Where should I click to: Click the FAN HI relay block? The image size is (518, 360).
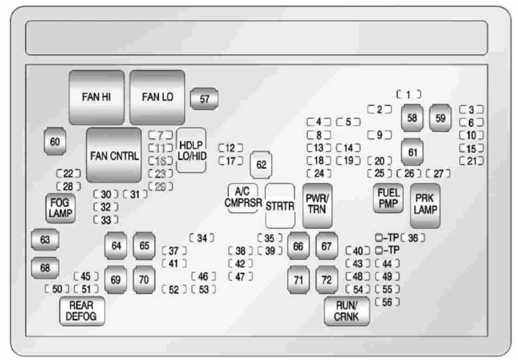click(96, 97)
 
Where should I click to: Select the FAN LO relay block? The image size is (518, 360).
click(157, 97)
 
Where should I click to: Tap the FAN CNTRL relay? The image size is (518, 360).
click(114, 155)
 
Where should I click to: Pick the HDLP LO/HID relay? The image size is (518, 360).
click(192, 150)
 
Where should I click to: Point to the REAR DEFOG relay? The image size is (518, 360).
click(81, 311)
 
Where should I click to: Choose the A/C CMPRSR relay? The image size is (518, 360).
click(243, 198)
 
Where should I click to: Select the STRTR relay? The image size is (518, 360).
click(280, 206)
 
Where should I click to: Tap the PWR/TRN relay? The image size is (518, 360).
click(317, 206)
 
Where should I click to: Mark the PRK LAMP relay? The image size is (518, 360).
click(425, 205)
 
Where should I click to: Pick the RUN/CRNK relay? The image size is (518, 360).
click(347, 311)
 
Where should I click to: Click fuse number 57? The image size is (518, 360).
click(204, 99)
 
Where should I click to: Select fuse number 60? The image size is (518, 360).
click(55, 142)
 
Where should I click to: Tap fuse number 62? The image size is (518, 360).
click(261, 165)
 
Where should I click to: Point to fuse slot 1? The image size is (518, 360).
click(409, 94)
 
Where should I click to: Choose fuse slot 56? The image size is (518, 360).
click(387, 302)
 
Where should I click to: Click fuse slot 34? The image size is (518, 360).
click(202, 238)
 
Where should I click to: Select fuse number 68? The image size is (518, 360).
click(45, 268)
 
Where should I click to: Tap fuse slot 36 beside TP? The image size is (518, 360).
click(413, 238)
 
